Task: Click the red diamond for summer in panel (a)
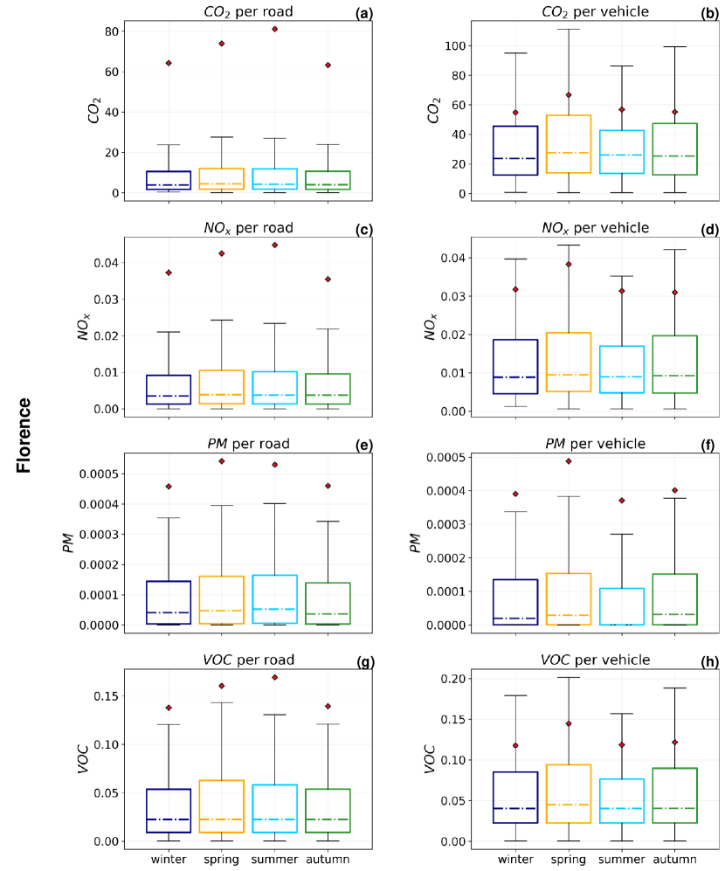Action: point(274,29)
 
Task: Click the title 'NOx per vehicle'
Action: point(595,228)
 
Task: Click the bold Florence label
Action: point(24,435)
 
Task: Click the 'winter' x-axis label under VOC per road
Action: point(169,859)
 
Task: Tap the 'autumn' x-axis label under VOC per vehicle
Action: point(674,859)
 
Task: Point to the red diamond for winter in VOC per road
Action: point(169,708)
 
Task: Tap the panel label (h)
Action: point(708,662)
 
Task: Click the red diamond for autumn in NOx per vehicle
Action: point(675,293)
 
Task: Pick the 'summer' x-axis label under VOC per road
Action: point(274,859)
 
